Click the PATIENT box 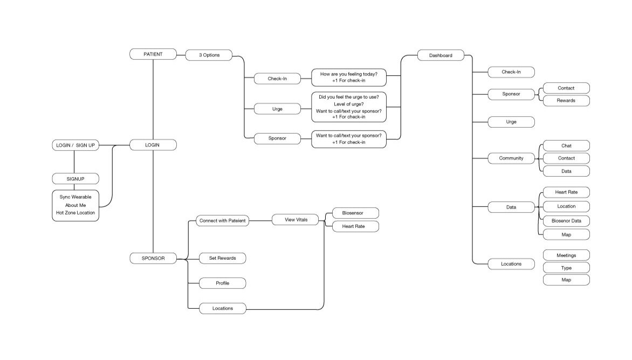click(x=153, y=54)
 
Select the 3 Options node click(x=209, y=55)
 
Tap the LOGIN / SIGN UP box click(x=75, y=146)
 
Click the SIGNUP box click(x=75, y=178)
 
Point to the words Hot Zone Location click(x=75, y=213)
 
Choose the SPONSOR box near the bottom click(x=153, y=258)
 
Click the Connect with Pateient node click(x=222, y=220)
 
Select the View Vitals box click(x=296, y=220)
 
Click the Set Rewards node click(x=222, y=258)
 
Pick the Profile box click(x=222, y=283)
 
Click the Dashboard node click(x=441, y=55)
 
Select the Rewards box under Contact click(x=566, y=101)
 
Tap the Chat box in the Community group click(x=566, y=146)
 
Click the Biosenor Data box click(x=566, y=221)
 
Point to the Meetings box click(x=566, y=255)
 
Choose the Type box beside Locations click(x=566, y=268)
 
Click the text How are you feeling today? click(x=348, y=74)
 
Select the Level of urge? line click(x=348, y=104)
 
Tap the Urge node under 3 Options click(x=277, y=109)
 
